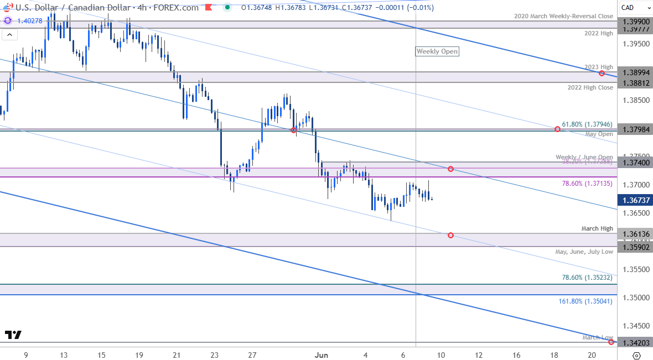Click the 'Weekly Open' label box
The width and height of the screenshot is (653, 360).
pyautogui.click(x=437, y=51)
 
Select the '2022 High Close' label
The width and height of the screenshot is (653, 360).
pyautogui.click(x=590, y=87)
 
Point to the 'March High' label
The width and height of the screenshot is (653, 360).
pyautogui.click(x=597, y=228)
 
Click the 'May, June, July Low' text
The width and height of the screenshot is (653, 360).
pyautogui.click(x=584, y=252)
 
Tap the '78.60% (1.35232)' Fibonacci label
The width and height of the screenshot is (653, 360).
pyautogui.click(x=587, y=277)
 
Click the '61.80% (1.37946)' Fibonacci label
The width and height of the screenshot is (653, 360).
pyautogui.click(x=587, y=124)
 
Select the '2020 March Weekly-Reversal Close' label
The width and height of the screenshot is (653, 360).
pyautogui.click(x=563, y=17)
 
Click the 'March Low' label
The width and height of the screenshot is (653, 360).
pyautogui.click(x=597, y=337)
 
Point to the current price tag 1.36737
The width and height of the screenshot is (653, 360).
pyautogui.click(x=635, y=200)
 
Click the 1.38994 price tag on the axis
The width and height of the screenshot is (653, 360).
pyautogui.click(x=635, y=72)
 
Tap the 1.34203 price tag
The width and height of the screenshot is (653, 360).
pyautogui.click(x=635, y=342)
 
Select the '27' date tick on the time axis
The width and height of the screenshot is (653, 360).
pyautogui.click(x=252, y=354)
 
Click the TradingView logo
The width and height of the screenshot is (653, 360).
pyautogui.click(x=13, y=335)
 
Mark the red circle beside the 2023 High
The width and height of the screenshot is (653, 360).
pyautogui.click(x=602, y=73)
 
